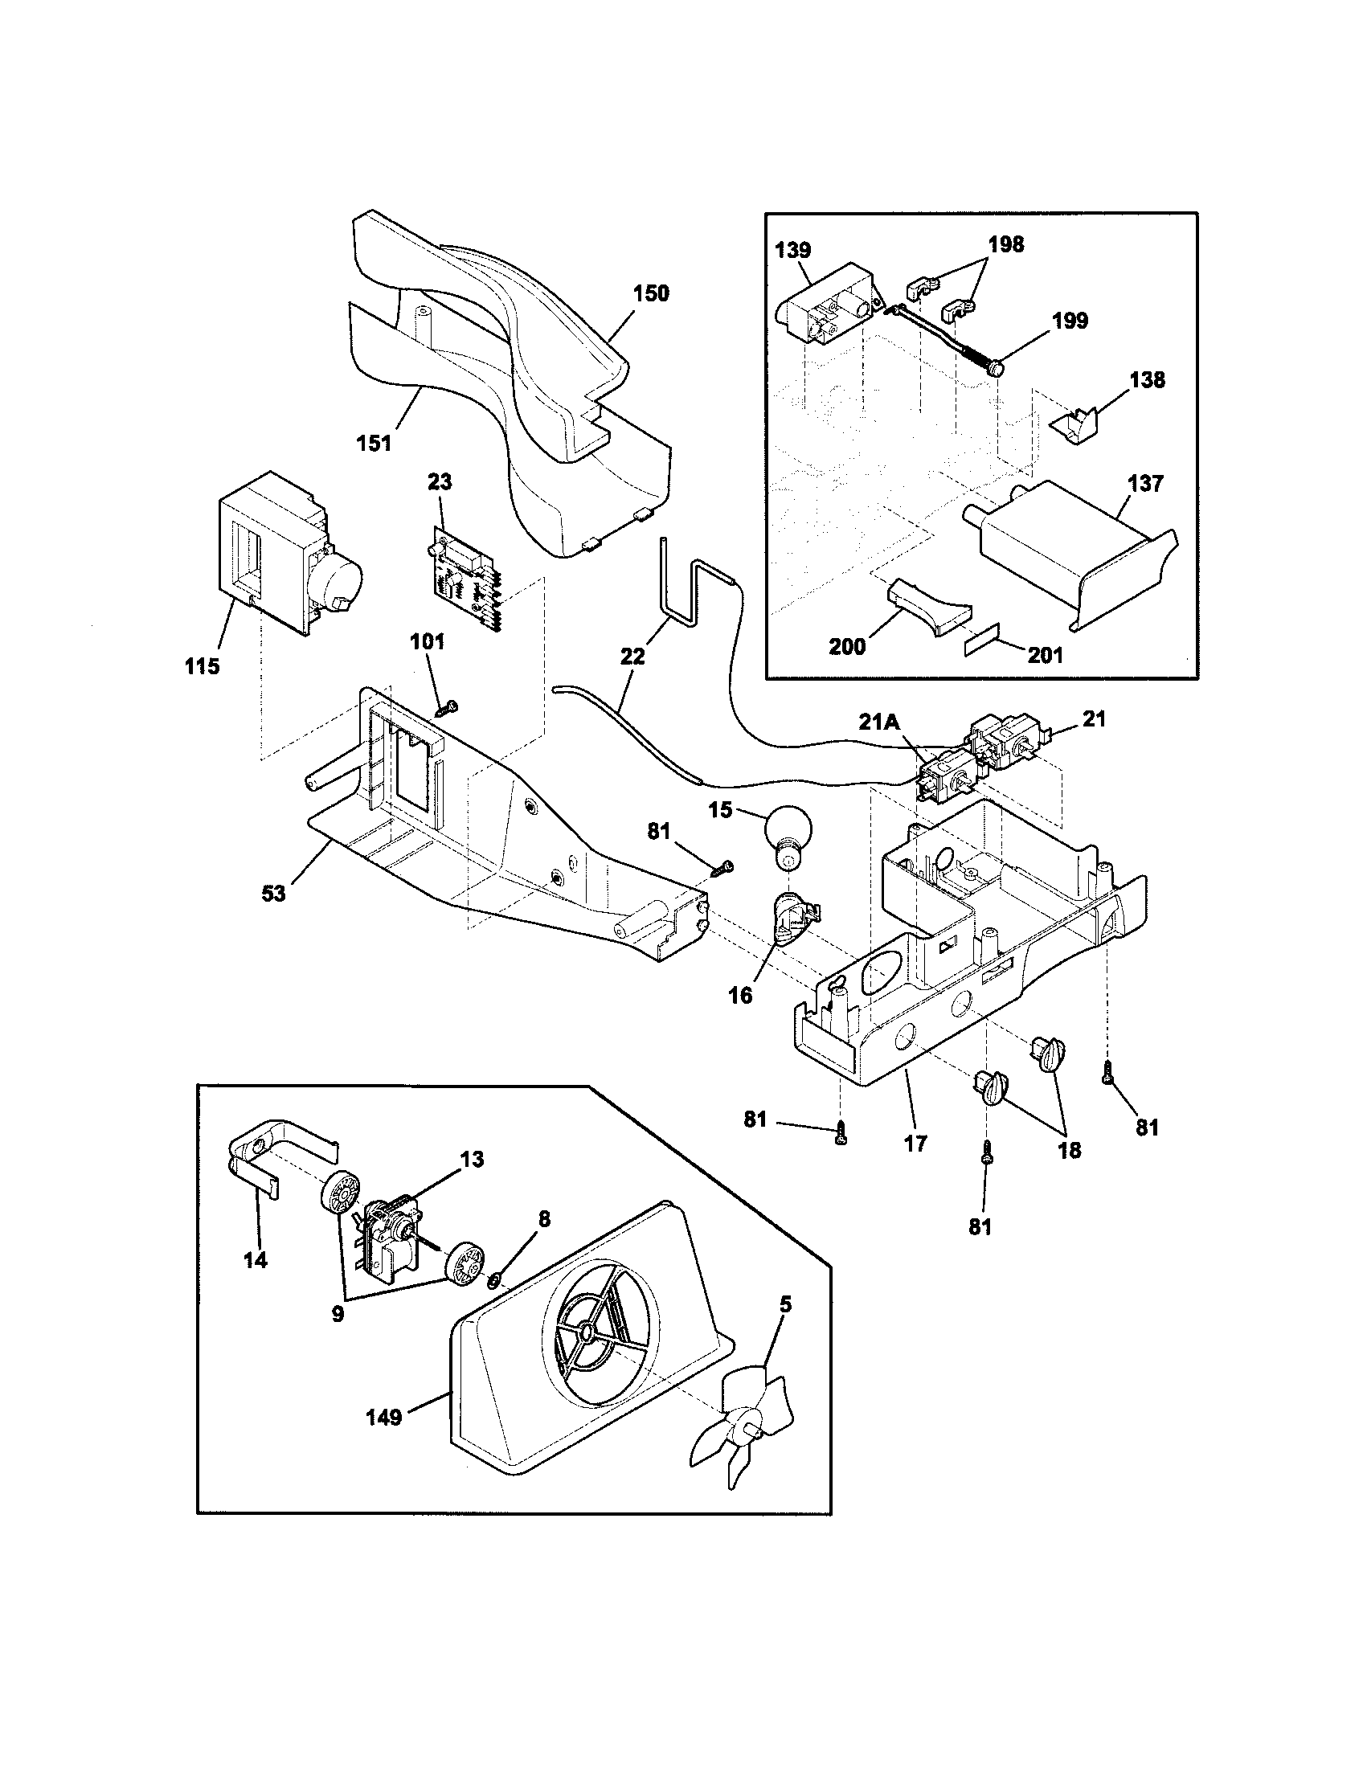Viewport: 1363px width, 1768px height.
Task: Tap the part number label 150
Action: coord(651,294)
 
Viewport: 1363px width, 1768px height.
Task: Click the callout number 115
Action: coord(202,667)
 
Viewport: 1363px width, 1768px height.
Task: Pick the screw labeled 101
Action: coord(446,708)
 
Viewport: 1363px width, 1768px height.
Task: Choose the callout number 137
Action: coord(1145,484)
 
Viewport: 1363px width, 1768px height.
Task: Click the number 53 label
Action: coord(274,894)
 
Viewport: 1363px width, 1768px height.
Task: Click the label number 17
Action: coord(917,1143)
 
